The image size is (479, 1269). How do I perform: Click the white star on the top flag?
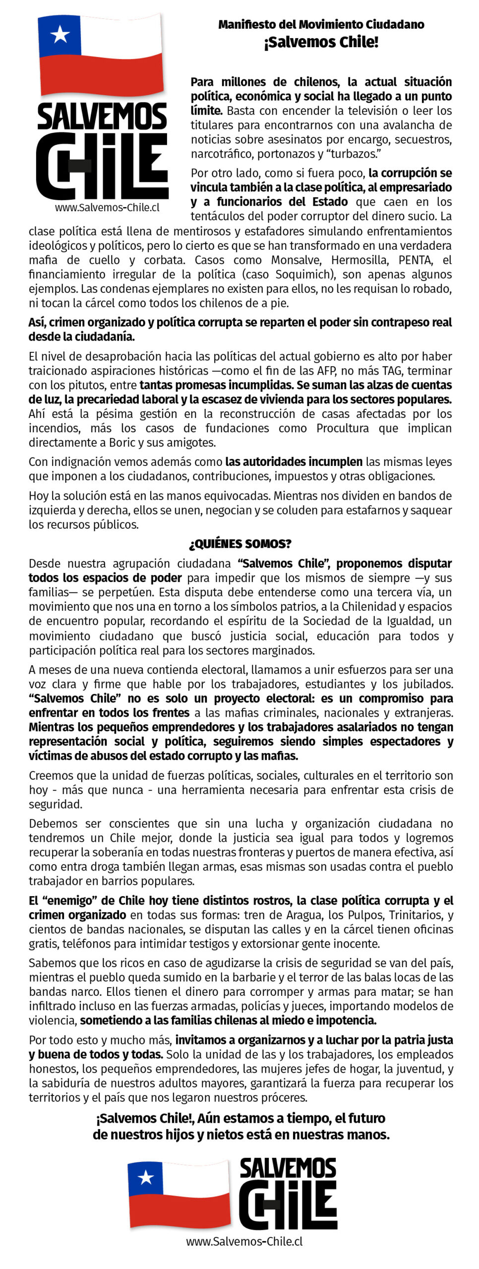tap(60, 34)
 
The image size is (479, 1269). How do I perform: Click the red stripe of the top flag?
tap(102, 74)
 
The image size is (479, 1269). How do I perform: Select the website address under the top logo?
tap(107, 208)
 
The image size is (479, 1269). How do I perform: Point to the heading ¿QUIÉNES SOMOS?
tap(240, 544)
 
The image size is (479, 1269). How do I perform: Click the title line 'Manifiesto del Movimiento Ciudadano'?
tap(321, 24)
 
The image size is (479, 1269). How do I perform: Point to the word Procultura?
tap(343, 428)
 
